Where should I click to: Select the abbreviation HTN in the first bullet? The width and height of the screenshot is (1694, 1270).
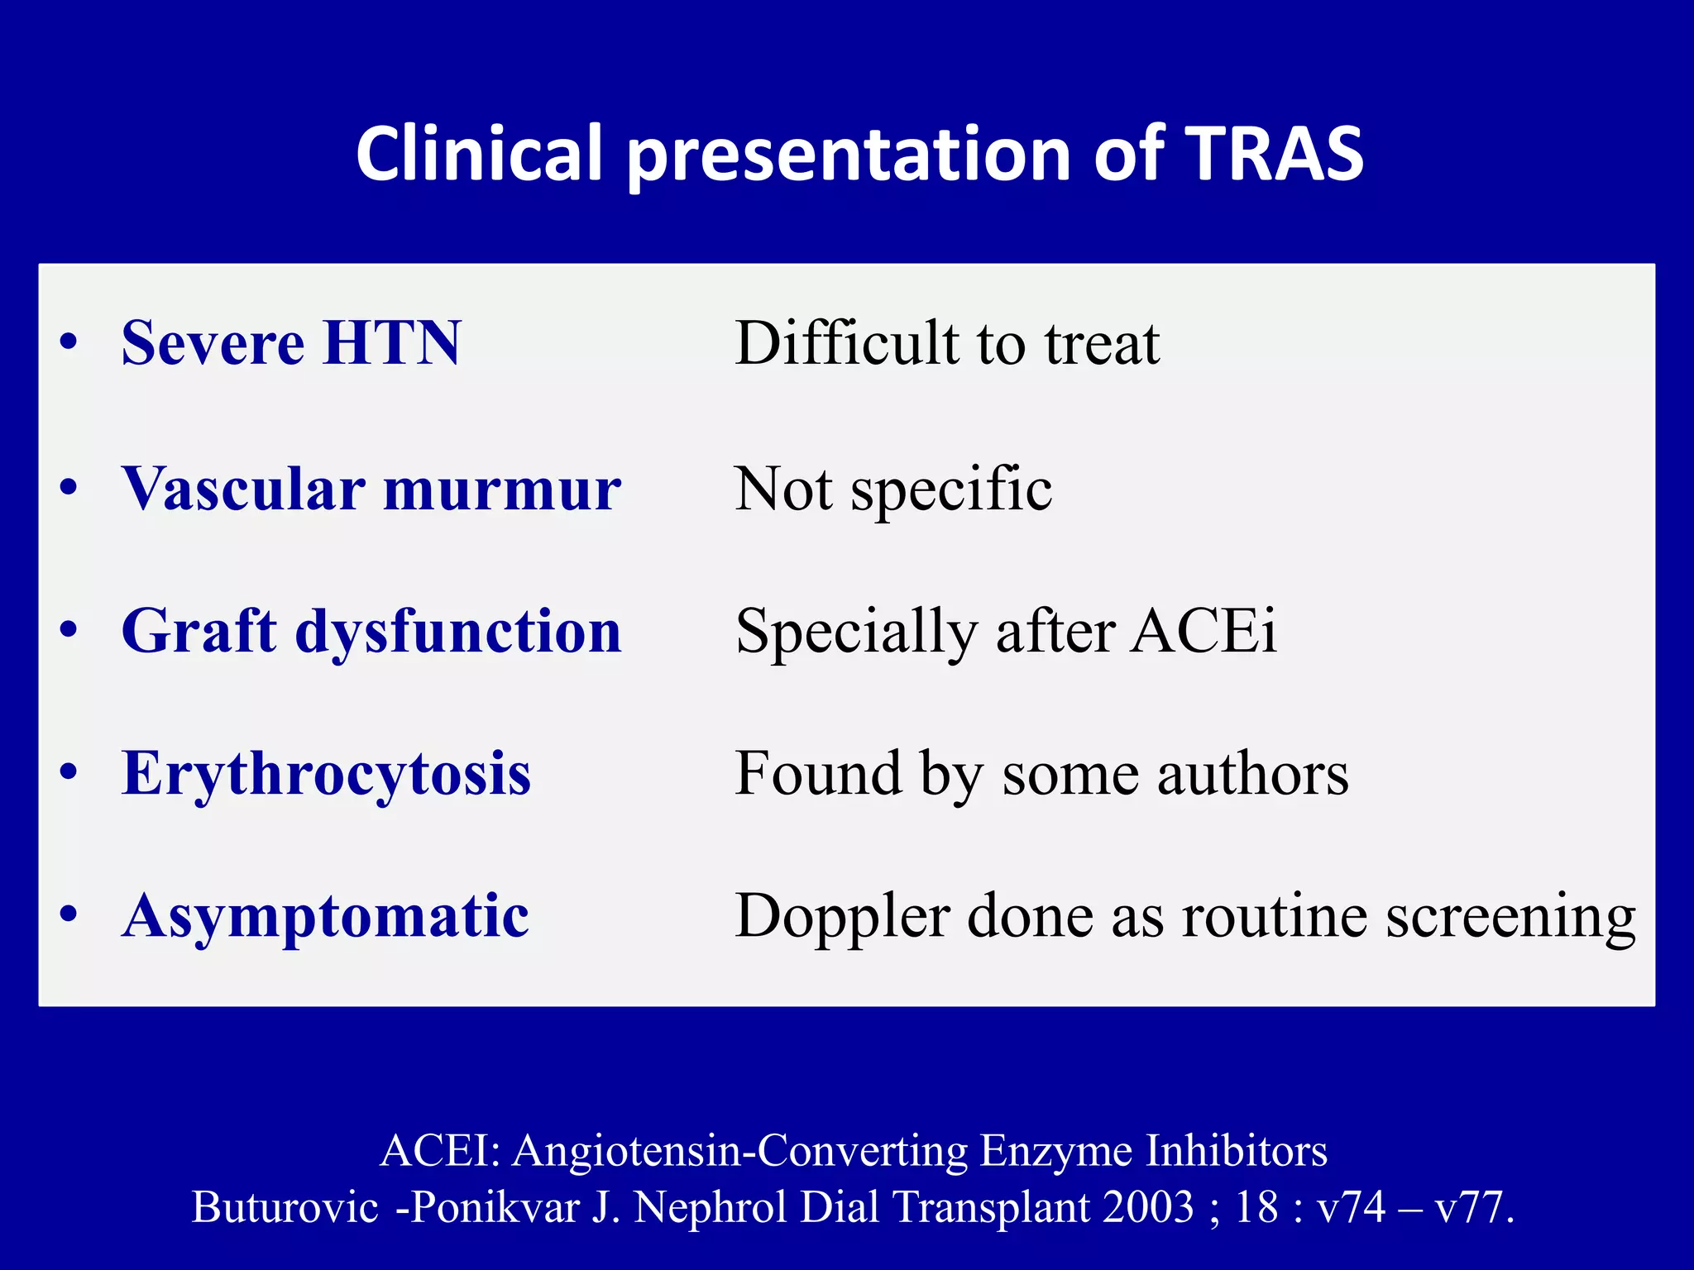391,343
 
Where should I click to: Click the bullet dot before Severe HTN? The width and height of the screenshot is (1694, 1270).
69,343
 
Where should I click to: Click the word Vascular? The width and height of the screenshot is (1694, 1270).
243,489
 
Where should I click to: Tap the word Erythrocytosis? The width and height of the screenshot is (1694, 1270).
326,775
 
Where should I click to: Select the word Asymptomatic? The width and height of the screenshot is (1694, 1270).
325,917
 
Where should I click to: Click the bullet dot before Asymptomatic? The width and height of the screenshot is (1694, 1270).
69,916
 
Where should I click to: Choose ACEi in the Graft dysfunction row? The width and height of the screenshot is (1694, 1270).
1204,632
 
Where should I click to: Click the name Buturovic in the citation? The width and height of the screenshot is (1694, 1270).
285,1207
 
